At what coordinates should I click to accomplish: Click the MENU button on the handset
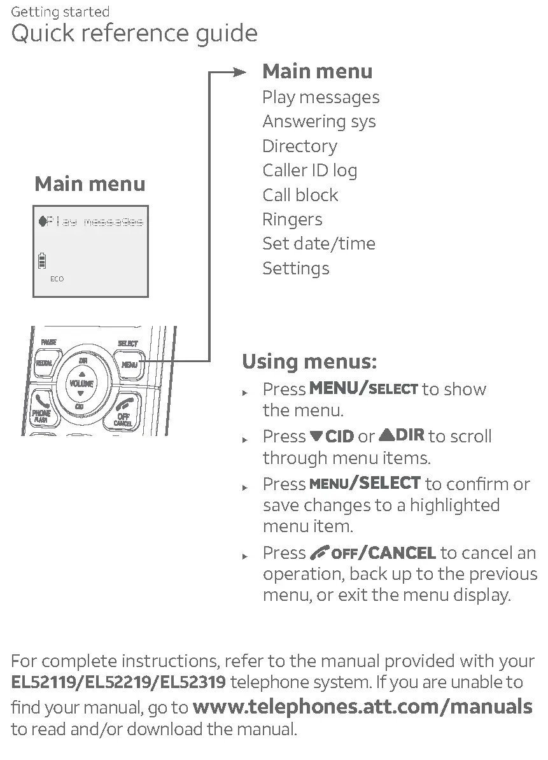pyautogui.click(x=129, y=365)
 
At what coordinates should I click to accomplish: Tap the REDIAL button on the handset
pyautogui.click(x=44, y=363)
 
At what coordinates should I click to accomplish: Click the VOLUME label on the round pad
pyautogui.click(x=80, y=384)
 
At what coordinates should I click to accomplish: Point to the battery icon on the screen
pyautogui.click(x=43, y=260)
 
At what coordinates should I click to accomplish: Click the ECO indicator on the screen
pyautogui.click(x=57, y=279)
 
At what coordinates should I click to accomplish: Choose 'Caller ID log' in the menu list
pyautogui.click(x=309, y=171)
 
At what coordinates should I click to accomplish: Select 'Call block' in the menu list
pyautogui.click(x=300, y=195)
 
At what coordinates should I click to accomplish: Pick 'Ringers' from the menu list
pyautogui.click(x=292, y=220)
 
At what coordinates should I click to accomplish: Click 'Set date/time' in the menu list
pyautogui.click(x=318, y=244)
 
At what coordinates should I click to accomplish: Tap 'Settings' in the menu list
pyautogui.click(x=295, y=268)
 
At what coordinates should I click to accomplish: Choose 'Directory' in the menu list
pyautogui.click(x=299, y=146)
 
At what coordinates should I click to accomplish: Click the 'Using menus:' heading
pyautogui.click(x=309, y=362)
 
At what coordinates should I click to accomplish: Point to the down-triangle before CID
pyautogui.click(x=316, y=437)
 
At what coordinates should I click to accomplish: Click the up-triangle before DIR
pyautogui.click(x=386, y=435)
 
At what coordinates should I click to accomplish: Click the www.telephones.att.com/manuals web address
pyautogui.click(x=362, y=706)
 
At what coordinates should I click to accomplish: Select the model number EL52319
pyautogui.click(x=193, y=683)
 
